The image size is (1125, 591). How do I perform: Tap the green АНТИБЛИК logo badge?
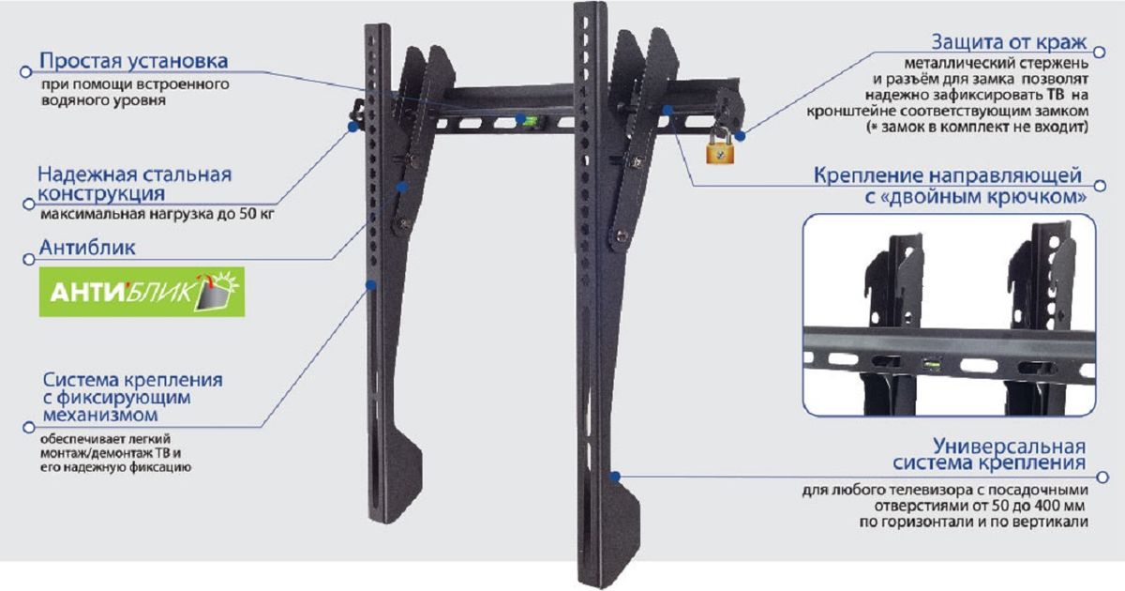142,292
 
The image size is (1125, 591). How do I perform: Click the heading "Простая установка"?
133,61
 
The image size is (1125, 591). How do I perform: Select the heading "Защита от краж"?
1009,41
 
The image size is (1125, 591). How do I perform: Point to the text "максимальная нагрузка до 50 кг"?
157,214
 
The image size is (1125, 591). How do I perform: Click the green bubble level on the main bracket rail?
527,120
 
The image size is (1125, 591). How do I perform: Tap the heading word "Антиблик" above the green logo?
87,248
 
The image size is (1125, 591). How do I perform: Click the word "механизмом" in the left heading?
100,415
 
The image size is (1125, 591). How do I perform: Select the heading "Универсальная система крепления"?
989,454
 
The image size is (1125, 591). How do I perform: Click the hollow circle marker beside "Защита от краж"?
1100,52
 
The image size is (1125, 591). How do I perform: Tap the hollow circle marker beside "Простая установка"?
25,72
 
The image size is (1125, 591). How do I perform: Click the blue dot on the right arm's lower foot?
615,477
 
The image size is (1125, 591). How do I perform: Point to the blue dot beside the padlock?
740,136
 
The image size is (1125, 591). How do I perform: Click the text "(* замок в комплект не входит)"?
977,128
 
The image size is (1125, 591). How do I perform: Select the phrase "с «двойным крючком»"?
975,196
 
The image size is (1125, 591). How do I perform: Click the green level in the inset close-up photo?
931,363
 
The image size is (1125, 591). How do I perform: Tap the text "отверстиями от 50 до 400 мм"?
980,506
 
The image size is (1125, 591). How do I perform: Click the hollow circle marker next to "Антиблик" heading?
29,259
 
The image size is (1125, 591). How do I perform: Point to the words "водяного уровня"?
103,100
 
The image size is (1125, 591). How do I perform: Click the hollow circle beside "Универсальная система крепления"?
1102,477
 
